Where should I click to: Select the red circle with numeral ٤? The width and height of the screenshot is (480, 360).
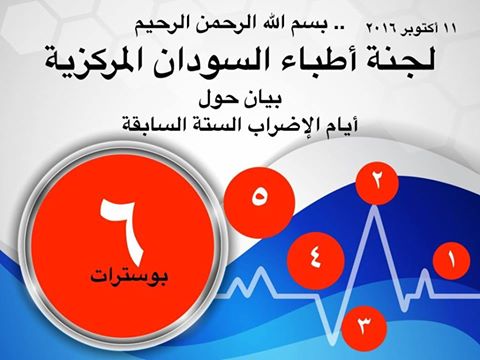[x=316, y=255]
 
